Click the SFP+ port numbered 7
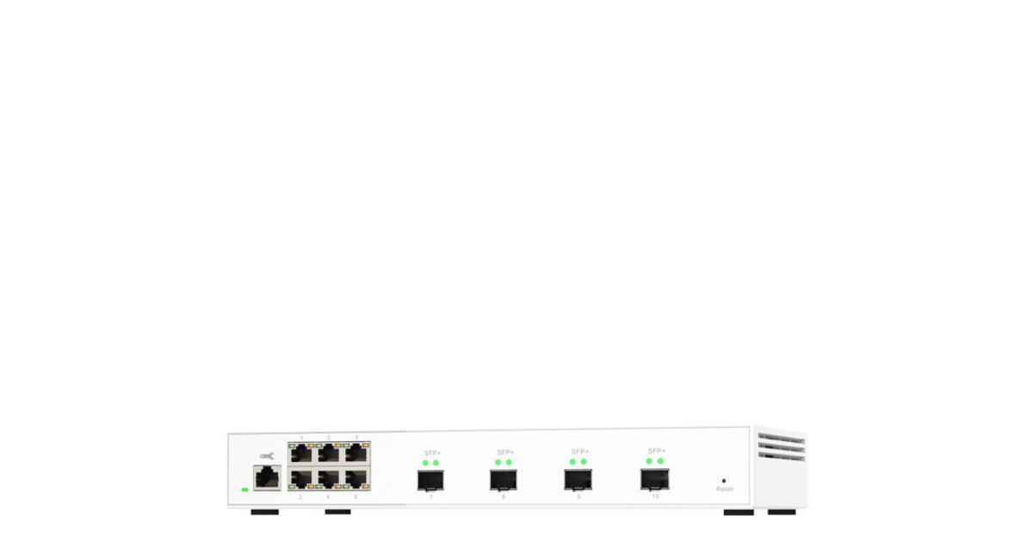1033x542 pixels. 430,480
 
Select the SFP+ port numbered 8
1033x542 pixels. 504,480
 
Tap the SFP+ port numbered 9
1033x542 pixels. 578,479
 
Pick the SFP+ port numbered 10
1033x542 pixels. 654,479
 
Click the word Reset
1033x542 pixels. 725,489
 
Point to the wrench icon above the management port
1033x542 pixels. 267,455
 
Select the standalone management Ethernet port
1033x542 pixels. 267,477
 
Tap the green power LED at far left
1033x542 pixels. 244,490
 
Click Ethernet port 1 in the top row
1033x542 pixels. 300,453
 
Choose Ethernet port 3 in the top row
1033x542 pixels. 328,453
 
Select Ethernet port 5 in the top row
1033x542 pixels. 356,453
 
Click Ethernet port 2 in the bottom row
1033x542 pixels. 300,478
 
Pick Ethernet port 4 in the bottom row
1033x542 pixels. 328,478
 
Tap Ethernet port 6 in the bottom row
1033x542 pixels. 356,478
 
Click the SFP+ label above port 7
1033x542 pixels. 432,453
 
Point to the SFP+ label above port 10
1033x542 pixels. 656,451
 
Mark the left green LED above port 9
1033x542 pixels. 572,462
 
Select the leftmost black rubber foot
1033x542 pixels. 264,512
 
